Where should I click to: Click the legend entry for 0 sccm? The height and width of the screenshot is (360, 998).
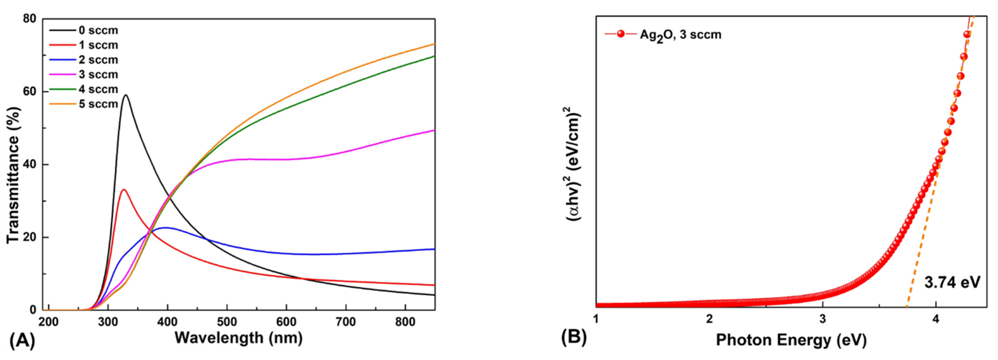(x=98, y=30)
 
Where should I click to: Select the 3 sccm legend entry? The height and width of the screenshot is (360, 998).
(x=98, y=74)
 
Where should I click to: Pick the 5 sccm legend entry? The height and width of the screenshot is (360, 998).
(x=98, y=104)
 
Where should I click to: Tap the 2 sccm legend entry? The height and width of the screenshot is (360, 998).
(x=98, y=60)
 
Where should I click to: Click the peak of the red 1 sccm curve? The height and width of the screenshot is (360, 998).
(x=124, y=189)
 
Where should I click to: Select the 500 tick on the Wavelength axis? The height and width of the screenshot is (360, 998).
(x=227, y=322)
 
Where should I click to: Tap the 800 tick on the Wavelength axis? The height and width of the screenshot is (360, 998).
(x=405, y=322)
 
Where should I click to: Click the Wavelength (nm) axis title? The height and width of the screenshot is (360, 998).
(x=238, y=338)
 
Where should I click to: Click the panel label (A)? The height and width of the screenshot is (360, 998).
(x=22, y=341)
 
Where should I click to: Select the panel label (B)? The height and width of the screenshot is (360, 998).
(x=574, y=337)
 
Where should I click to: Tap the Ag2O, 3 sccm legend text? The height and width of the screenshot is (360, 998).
(x=680, y=35)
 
